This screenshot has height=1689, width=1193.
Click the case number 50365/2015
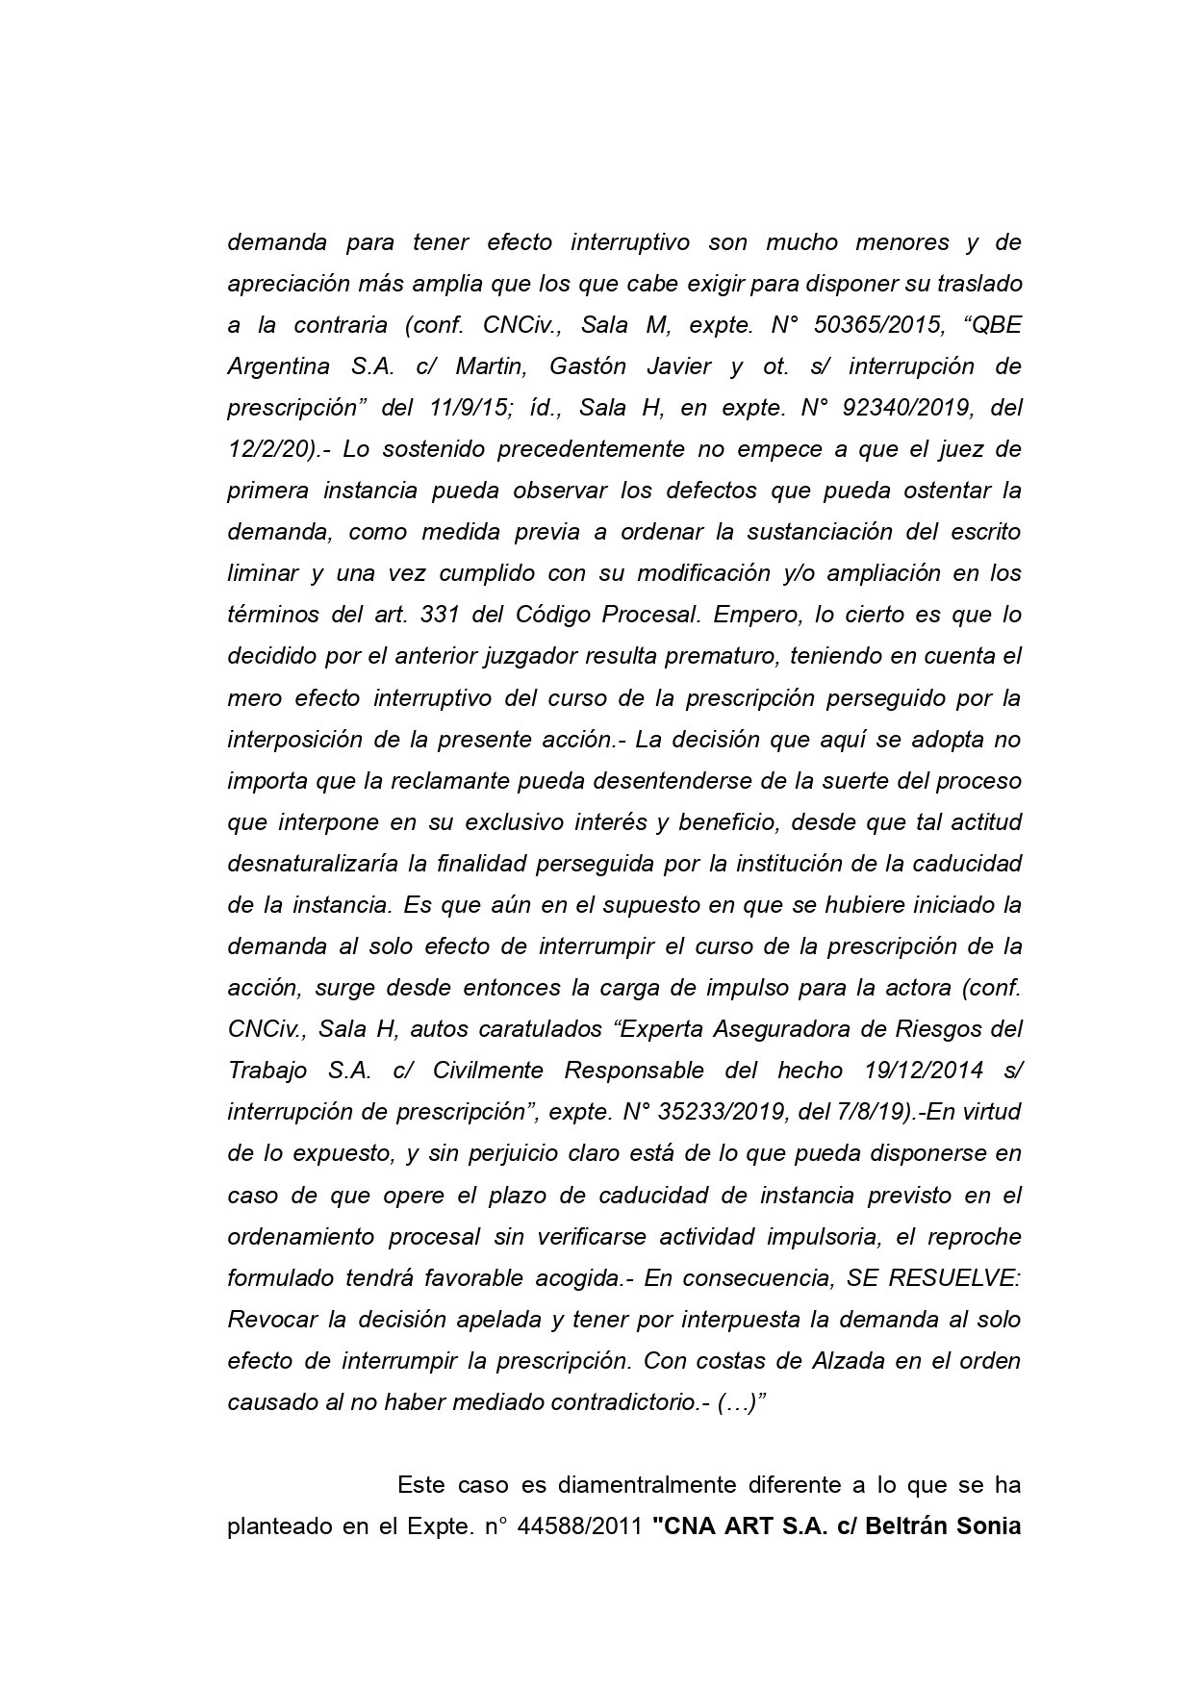pos(877,325)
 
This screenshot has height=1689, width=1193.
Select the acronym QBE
pos(997,325)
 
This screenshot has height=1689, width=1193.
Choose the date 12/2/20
pos(267,449)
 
